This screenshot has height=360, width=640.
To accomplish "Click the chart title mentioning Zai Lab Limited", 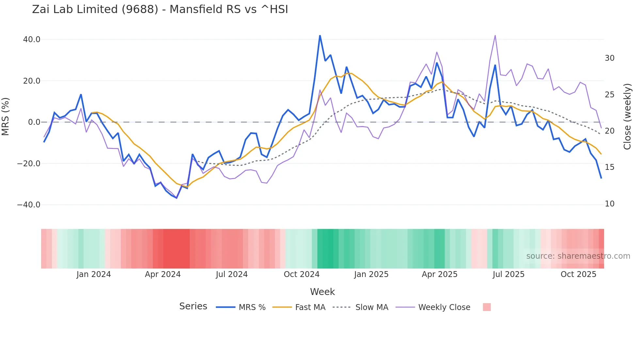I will [x=160, y=9].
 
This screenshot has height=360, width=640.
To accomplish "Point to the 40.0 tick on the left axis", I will [x=32, y=40].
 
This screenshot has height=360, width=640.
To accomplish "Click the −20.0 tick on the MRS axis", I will [x=29, y=164].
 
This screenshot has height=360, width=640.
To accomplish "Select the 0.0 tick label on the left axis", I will [x=34, y=122].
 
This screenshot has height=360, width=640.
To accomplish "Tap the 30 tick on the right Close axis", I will [x=609, y=58].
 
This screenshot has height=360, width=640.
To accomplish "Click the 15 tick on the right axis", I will [x=609, y=167].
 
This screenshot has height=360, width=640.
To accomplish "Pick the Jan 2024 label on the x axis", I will [x=94, y=274].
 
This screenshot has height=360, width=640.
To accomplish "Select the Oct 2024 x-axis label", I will [x=301, y=274].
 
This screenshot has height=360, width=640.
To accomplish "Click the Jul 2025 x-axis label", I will [x=508, y=274].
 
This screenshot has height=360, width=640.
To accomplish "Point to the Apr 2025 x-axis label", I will [x=440, y=274].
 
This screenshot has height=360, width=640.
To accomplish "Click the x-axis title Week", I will [x=322, y=292].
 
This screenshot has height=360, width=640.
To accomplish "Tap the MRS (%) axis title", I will [x=6, y=116].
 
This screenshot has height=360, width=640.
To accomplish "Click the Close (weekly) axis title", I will [x=627, y=117].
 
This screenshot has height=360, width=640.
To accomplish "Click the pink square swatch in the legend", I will [x=487, y=307].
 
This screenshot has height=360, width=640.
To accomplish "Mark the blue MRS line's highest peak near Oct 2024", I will [x=320, y=36].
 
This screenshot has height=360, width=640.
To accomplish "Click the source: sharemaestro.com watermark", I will [x=578, y=256].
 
